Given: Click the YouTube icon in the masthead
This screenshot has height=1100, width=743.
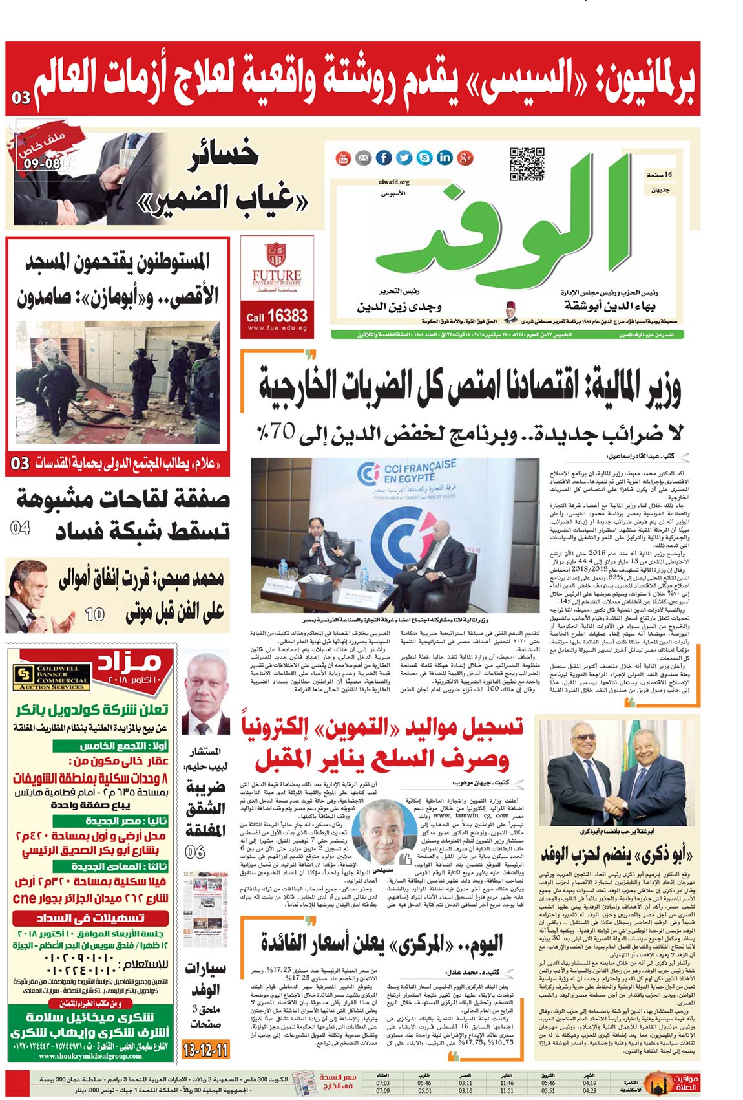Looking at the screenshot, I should pos(343,157).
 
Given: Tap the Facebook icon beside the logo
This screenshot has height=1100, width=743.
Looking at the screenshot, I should pos(384,157).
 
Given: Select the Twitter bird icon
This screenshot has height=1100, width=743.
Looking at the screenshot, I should pos(404,157).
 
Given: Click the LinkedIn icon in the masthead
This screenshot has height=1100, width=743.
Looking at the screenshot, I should pos(445,157).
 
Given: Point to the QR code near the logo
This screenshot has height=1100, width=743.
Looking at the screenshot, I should pos(527,164).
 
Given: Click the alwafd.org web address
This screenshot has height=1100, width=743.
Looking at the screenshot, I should pos(394,182).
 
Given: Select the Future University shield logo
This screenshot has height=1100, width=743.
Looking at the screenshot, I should pos(275,255).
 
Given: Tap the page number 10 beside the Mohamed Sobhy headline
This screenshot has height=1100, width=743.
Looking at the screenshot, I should pos(94,613).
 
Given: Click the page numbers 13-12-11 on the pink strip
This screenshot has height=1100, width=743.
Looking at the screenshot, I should pos(205,1048).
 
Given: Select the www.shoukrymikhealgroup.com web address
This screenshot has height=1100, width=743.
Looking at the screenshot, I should pos(90,1056).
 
